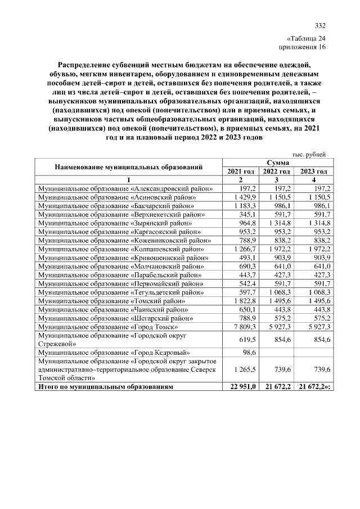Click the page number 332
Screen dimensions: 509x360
pos(320,26)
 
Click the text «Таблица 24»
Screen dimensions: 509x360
pos(306,39)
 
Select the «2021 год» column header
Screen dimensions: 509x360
pos(241,171)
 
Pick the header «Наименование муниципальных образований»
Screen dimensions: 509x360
pos(128,167)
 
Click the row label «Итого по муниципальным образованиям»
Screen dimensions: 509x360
pos(105,386)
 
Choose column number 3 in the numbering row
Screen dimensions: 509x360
pos(277,179)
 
